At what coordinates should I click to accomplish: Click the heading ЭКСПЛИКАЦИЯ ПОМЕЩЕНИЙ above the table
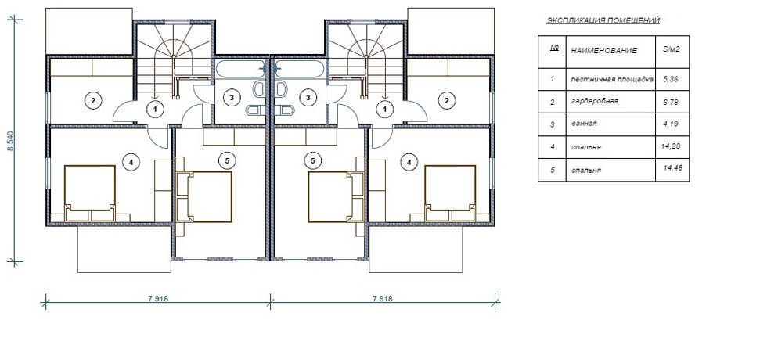click(x=603, y=20)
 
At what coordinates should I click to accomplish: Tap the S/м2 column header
click(x=672, y=50)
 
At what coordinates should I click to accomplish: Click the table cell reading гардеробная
click(x=594, y=101)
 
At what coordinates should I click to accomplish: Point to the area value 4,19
click(x=670, y=124)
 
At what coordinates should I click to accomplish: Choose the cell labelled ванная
click(x=584, y=124)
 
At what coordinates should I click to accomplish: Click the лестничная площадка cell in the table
click(x=612, y=79)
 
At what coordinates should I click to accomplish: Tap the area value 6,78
click(x=670, y=100)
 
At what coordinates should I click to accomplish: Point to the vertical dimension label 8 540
click(x=11, y=140)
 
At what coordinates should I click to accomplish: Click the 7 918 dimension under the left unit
click(x=157, y=298)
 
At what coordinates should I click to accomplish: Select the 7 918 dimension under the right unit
click(x=383, y=298)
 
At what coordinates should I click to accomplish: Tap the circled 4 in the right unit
click(x=409, y=160)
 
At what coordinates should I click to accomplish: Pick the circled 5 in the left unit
click(x=226, y=160)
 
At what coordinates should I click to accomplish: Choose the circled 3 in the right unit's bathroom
click(x=308, y=98)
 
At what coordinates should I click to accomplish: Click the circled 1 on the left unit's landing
click(x=155, y=110)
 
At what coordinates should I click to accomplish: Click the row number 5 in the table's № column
click(x=552, y=171)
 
